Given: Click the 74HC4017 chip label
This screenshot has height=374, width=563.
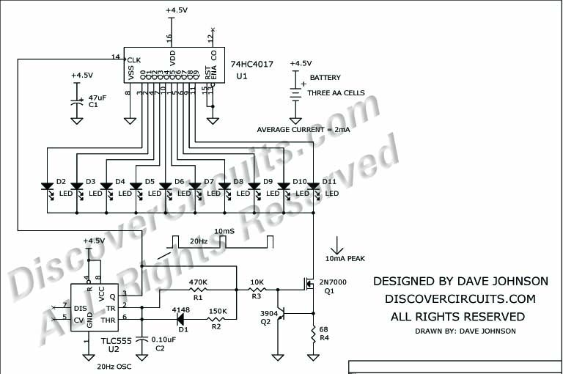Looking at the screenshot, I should pos(251,65).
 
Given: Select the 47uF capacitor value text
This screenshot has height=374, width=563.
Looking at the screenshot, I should pos(97,97).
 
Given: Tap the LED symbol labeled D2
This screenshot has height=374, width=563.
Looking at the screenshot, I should pos(47,188).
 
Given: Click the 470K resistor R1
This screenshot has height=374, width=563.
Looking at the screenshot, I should pos(196,290).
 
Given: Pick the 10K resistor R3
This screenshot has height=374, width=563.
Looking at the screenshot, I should pos(257,290).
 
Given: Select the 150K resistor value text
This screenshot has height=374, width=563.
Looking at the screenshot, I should pos(218,311).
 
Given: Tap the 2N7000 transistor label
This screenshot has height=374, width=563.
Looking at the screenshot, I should pos(332,282).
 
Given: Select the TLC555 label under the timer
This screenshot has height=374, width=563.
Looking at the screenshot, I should pos(97,340).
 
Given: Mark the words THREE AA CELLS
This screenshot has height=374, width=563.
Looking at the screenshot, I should pos(337,93).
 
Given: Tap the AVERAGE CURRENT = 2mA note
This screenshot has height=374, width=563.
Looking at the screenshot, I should pos(303,129).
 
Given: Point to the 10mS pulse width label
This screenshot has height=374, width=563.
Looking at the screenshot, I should pos(226,231).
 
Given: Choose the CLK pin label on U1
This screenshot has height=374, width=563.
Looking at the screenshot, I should pos(133,59).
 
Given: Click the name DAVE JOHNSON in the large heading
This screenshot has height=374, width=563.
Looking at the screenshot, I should pos(490,281).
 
